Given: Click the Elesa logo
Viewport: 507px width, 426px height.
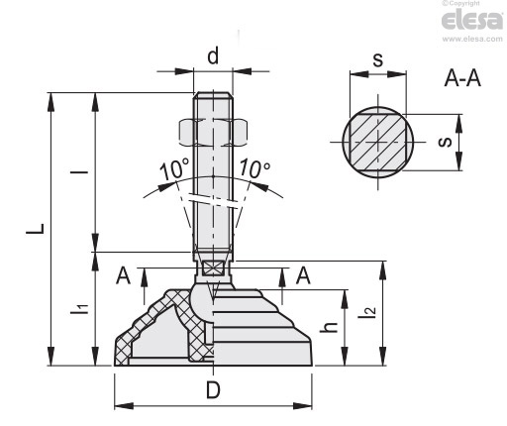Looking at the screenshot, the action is coord(472,20).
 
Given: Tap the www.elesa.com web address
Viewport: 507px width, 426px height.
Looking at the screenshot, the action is coord(472,39).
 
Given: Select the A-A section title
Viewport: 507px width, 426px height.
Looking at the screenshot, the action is coord(462,78).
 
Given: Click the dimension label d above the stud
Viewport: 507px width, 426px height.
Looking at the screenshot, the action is coord(213,55).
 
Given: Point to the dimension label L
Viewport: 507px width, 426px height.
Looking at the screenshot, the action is coord(36,229).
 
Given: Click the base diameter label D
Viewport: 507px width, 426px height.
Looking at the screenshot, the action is coord(213,390).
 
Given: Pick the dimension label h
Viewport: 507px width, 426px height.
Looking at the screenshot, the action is coord(329,327).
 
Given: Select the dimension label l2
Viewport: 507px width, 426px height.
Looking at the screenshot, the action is coord(366,312).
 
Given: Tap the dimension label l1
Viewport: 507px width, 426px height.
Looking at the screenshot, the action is coord(79,308).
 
